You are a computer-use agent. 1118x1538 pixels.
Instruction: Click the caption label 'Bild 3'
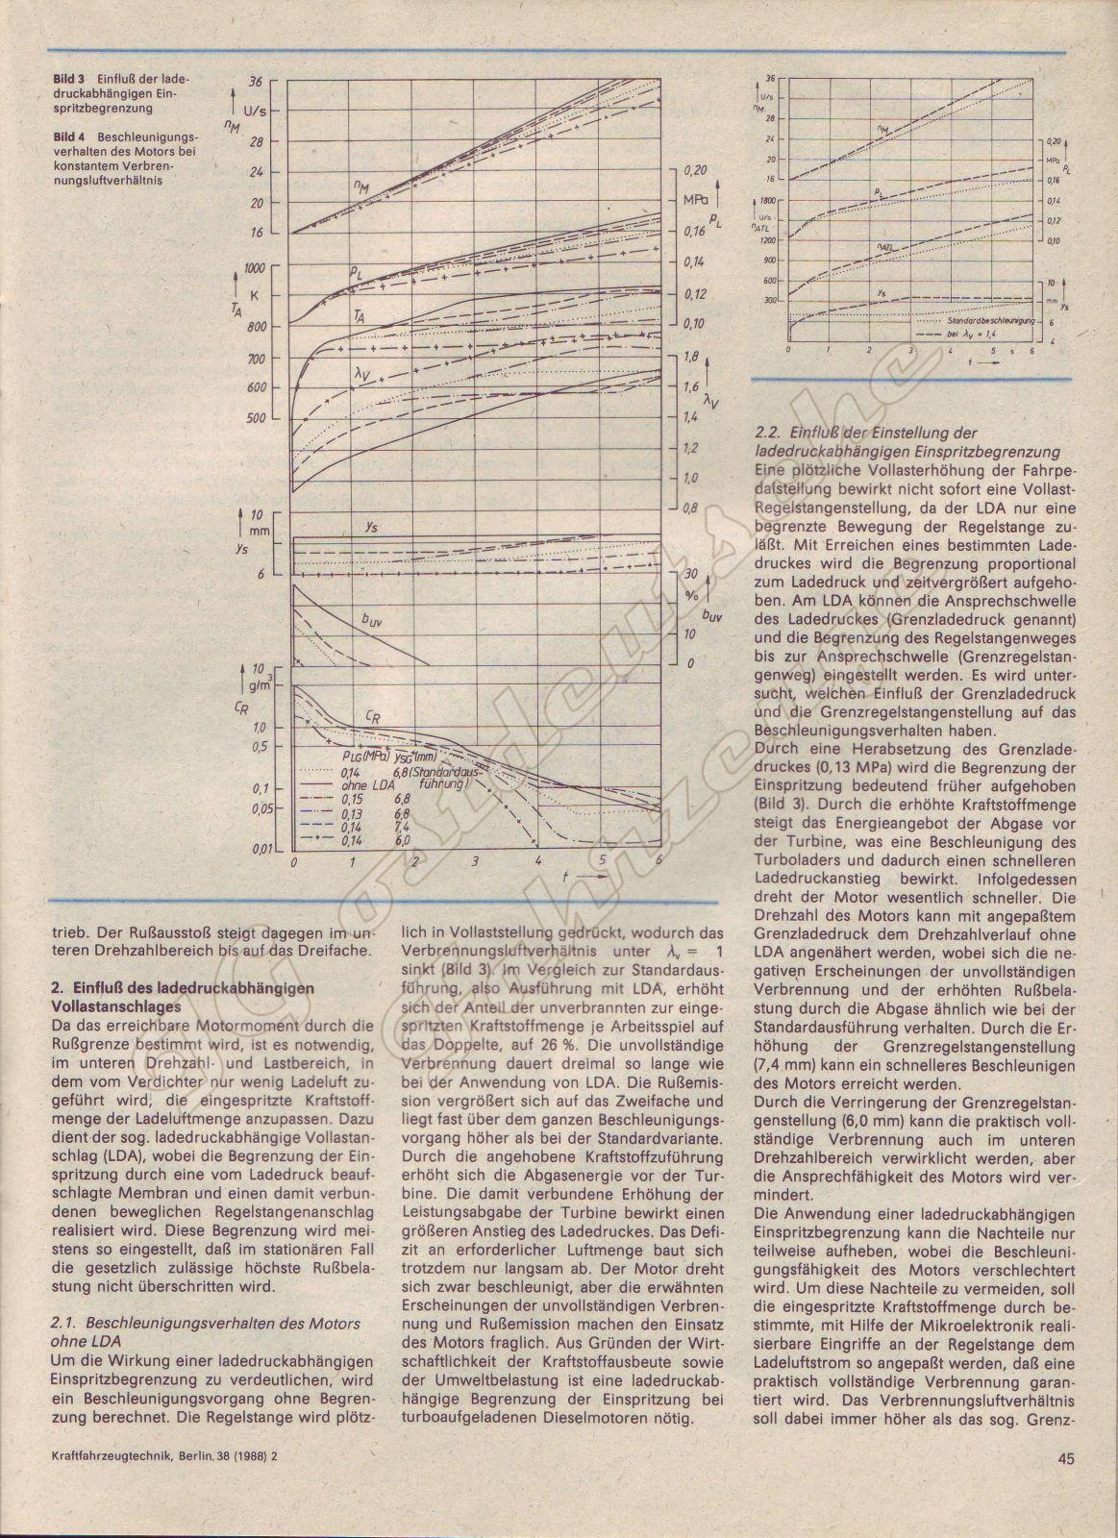(68, 76)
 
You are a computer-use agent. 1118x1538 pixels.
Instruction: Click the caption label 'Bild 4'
(68, 137)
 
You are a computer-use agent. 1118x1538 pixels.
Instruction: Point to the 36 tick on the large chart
(255, 81)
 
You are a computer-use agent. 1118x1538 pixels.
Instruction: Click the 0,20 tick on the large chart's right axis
(694, 170)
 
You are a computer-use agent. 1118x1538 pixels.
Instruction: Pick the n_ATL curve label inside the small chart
(885, 248)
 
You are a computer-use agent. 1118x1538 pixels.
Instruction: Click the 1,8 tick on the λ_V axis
(689, 356)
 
